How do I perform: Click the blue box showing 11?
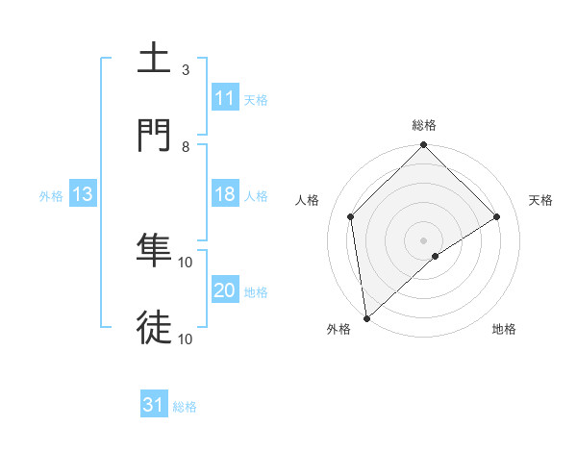coord(225,98)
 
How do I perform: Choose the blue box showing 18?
coord(225,194)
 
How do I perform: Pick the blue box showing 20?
coord(225,290)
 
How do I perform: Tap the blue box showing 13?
coord(83,194)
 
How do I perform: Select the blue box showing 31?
coord(154,405)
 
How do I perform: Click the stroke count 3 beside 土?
coord(186,70)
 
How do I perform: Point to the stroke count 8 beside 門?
coord(186,147)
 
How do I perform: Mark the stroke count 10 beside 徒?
coord(186,339)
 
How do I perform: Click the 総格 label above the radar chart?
coord(424,125)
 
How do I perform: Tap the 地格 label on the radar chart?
coord(504,329)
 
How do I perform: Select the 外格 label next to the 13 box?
coord(51,195)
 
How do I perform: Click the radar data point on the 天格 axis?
coord(497,216)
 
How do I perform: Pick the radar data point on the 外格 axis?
coord(366,318)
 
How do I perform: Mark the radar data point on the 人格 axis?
coord(351,216)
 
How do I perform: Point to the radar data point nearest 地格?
coord(436,256)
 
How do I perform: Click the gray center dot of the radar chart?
coord(424,239)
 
